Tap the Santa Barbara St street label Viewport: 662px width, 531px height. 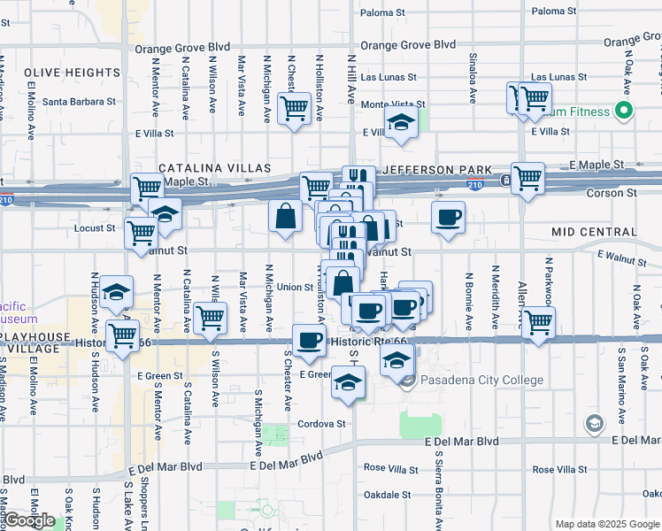pyautogui.click(x=80, y=102)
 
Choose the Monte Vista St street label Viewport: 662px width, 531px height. pyautogui.click(x=390, y=104)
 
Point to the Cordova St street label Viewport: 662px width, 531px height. pyautogui.click(x=321, y=424)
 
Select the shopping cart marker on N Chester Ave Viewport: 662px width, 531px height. pyautogui.click(x=293, y=109)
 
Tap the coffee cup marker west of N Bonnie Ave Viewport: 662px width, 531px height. pyautogui.click(x=449, y=216)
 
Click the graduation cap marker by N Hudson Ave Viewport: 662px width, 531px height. pyautogui.click(x=116, y=293)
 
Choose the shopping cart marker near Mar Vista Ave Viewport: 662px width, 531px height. pyautogui.click(x=210, y=317)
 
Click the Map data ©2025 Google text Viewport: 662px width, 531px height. pyautogui.click(x=606, y=524)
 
